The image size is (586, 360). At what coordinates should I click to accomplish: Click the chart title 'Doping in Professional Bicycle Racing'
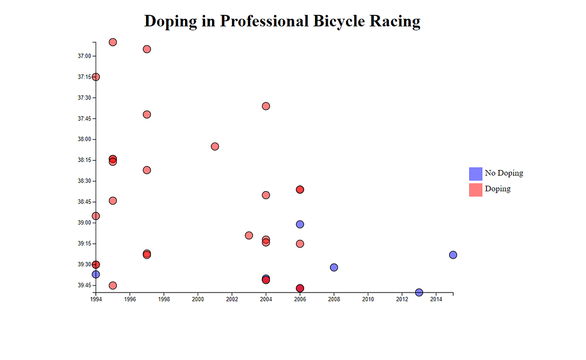[x=282, y=21]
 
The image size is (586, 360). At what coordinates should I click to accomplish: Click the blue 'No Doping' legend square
[x=475, y=173]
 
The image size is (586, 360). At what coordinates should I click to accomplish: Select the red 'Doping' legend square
[x=475, y=189]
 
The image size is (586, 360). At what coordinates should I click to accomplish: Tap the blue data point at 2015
[x=453, y=255]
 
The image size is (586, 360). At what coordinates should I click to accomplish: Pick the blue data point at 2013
[x=419, y=292]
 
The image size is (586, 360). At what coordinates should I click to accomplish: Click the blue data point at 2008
[x=334, y=267]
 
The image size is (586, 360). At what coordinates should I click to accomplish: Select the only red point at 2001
[x=215, y=146]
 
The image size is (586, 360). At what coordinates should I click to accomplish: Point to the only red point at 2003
[x=249, y=235]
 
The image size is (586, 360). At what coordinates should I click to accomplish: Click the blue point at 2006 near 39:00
[x=300, y=224]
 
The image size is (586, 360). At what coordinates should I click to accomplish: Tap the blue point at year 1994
[x=96, y=274]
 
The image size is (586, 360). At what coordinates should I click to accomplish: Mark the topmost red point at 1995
[x=113, y=42]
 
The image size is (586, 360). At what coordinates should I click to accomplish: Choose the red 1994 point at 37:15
[x=96, y=77]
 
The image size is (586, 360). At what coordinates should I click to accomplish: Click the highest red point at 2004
[x=266, y=106]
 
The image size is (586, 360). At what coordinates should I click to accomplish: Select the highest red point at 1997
[x=147, y=49]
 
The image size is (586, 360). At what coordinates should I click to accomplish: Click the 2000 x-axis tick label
[x=198, y=299]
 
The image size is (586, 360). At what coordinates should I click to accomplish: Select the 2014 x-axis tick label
[x=436, y=299]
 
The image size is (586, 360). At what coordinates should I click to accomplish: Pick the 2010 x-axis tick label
[x=368, y=299]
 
